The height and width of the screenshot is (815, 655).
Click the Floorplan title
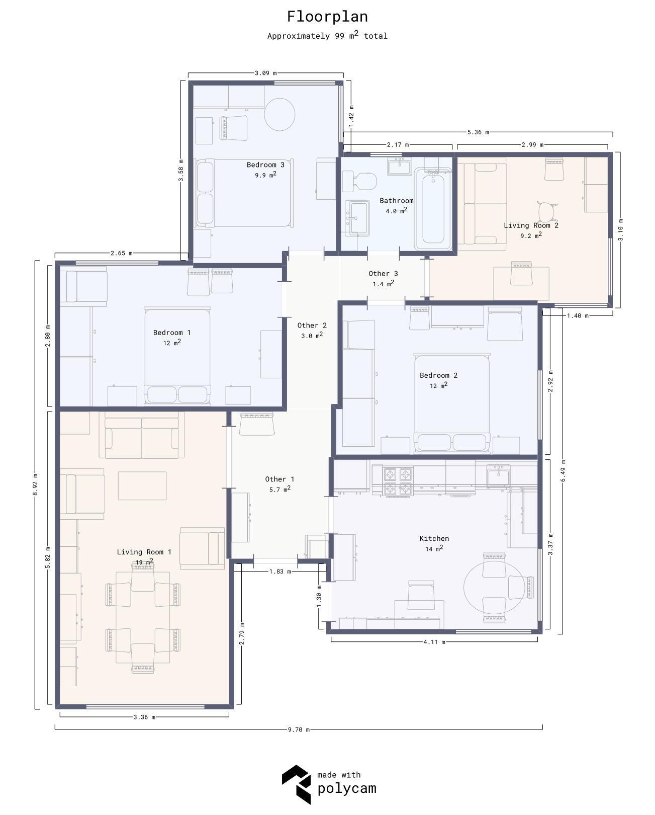point(327,17)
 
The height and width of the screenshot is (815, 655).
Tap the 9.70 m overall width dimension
point(299,729)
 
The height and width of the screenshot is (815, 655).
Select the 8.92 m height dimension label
point(35,485)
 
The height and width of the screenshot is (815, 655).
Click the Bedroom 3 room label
point(265,165)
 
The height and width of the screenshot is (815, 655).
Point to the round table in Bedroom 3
point(279,114)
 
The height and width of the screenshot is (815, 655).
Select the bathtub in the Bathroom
point(433,209)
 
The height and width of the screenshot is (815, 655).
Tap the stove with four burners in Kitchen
point(398,481)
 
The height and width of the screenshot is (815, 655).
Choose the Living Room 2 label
point(531,225)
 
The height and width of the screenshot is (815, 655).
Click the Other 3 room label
point(383,274)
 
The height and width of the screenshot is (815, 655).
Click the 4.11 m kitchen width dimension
point(434,642)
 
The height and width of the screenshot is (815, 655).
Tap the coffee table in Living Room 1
point(142,485)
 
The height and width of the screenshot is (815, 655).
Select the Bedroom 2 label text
point(438,375)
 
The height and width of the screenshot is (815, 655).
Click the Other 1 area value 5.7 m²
point(279,490)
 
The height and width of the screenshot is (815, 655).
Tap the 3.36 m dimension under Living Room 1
point(144,717)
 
